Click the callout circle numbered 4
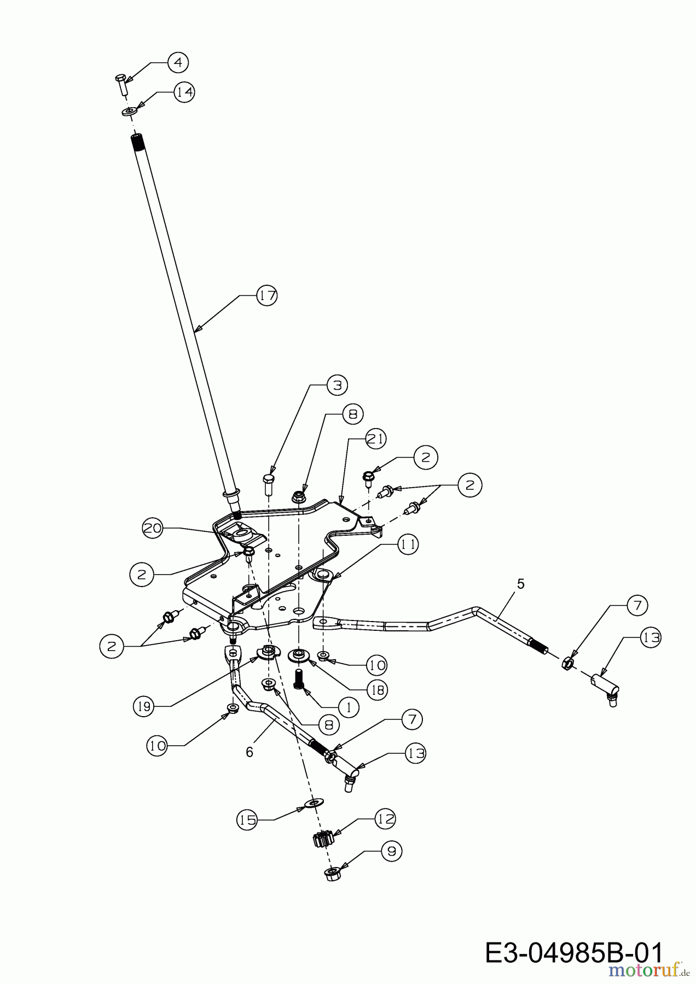pos(178,62)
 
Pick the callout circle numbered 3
pos(337,385)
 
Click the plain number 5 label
pos(520,584)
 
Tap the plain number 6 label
pos(250,752)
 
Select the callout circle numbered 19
pos(143,706)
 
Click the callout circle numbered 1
pos(349,707)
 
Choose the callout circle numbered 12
pos(385,818)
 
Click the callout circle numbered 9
pos(391,851)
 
